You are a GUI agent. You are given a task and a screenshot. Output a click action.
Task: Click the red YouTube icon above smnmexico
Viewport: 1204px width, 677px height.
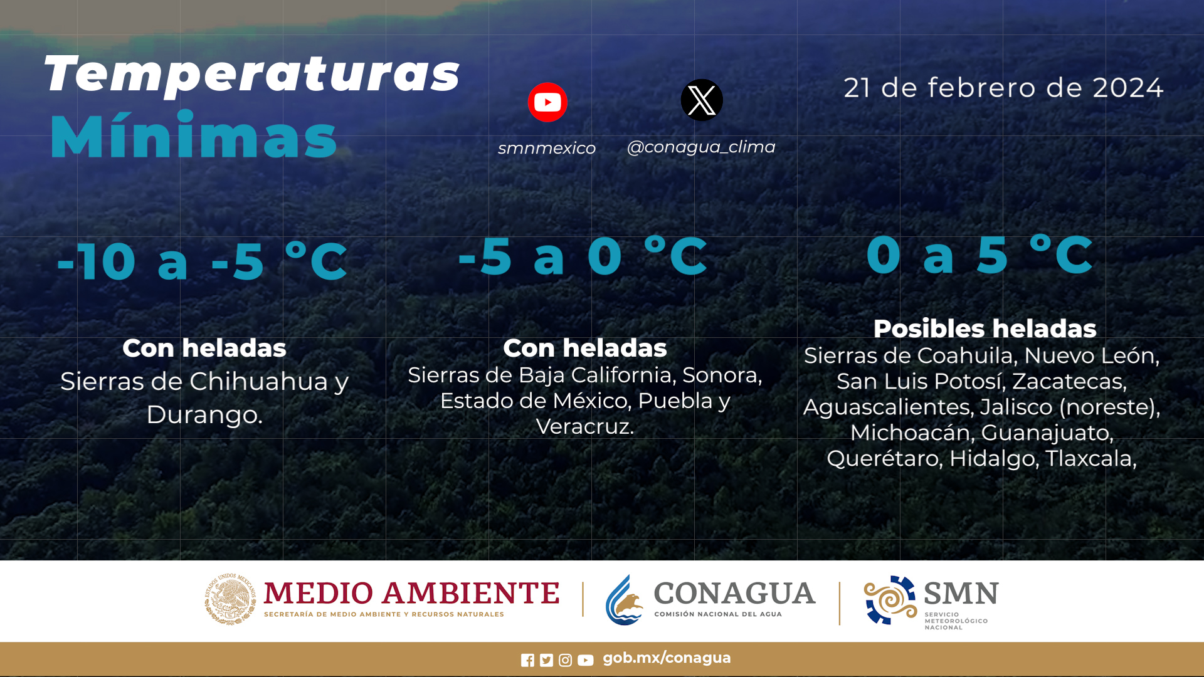pos(547,102)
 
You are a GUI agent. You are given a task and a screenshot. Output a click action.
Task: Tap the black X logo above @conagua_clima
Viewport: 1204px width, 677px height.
pos(702,100)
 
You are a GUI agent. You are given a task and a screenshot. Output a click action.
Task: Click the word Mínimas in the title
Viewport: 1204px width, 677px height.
pos(193,135)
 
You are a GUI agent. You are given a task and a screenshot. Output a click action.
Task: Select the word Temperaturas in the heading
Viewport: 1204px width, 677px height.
pos(251,75)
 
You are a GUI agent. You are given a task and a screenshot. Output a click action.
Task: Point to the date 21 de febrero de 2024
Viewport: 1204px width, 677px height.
pos(1003,88)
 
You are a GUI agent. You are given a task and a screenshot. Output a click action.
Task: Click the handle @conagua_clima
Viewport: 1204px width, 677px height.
pos(701,147)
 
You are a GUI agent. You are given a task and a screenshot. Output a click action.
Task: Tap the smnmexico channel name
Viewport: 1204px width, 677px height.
pos(547,148)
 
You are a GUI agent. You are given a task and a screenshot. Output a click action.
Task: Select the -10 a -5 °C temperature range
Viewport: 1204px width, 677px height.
pos(202,261)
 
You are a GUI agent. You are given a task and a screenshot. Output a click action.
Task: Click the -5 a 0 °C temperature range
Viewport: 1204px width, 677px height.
pos(583,256)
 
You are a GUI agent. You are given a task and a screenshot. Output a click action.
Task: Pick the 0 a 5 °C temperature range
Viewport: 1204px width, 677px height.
pos(980,255)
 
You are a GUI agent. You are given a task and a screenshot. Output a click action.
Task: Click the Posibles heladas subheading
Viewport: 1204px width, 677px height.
pos(985,328)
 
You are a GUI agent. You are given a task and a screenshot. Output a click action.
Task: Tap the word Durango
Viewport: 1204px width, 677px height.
pos(204,414)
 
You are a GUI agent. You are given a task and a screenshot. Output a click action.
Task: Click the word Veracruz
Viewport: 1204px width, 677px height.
pos(584,426)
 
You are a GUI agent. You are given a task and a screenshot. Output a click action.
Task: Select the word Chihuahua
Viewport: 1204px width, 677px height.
pos(259,381)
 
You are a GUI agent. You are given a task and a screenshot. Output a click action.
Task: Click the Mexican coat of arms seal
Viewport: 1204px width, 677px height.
pos(230,599)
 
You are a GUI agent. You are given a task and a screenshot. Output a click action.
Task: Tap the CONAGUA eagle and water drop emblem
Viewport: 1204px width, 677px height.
pos(625,600)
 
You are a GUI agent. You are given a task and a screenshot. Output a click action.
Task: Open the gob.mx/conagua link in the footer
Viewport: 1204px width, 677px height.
pos(667,658)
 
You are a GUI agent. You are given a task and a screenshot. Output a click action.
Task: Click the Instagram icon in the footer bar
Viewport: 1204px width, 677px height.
pos(565,660)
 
